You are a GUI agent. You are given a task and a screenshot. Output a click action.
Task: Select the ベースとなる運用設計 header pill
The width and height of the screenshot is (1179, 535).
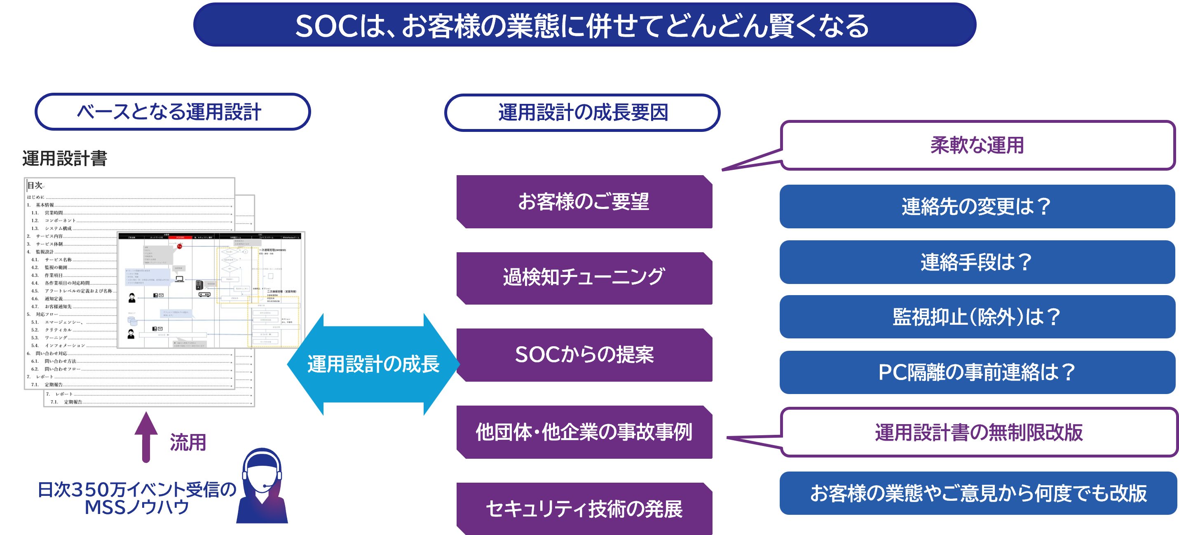click(173, 112)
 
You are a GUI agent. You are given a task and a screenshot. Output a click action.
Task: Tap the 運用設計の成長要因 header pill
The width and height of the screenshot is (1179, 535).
click(582, 113)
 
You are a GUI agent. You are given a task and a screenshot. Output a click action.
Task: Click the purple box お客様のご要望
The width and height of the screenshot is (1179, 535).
click(584, 202)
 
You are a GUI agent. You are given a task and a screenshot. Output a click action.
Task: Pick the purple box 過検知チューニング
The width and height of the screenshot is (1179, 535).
click(584, 278)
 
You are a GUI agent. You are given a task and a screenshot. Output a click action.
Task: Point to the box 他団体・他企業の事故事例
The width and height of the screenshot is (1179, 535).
click(584, 432)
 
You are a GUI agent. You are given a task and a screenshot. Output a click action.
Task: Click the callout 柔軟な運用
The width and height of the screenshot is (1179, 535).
click(977, 145)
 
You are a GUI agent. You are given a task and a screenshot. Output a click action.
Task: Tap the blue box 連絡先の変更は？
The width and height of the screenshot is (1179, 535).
click(977, 206)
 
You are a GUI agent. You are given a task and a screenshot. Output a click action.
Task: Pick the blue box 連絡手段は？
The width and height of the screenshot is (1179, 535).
click(977, 262)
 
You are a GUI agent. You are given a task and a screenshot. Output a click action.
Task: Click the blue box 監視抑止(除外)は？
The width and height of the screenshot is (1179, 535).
click(977, 317)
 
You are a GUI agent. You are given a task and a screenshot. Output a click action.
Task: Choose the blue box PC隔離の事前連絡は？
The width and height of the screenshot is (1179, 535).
click(977, 372)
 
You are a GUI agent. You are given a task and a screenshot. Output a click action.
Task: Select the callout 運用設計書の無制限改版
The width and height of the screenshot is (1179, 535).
click(979, 432)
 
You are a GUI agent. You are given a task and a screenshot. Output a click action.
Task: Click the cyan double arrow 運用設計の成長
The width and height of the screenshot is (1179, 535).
click(373, 364)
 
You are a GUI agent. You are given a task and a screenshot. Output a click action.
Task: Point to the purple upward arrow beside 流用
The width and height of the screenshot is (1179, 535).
click(146, 437)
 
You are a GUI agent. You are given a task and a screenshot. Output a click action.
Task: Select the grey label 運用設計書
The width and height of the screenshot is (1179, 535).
click(65, 158)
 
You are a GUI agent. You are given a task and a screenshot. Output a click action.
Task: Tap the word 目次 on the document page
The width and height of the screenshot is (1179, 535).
click(35, 185)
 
